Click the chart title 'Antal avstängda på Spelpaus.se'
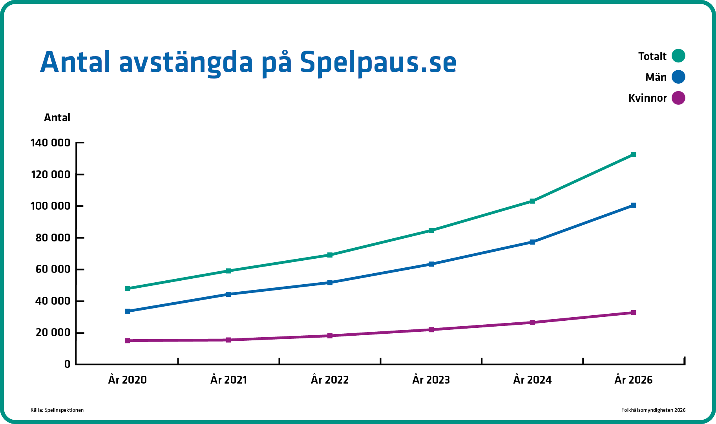(248, 62)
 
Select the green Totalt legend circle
(678, 56)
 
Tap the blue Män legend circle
(678, 77)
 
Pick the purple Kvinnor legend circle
(678, 98)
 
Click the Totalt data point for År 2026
(633, 155)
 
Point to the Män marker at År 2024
(532, 242)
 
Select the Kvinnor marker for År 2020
(128, 340)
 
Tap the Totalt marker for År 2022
(330, 255)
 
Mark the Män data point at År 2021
(229, 294)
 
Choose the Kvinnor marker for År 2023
(431, 329)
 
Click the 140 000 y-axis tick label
(50, 143)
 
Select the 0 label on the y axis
(67, 364)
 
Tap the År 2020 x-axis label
(128, 380)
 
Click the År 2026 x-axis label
(633, 380)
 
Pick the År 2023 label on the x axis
(431, 380)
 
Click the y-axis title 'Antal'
(57, 118)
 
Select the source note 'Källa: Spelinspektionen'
(57, 410)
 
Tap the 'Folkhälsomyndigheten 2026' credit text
(653, 410)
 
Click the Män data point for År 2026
(633, 205)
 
